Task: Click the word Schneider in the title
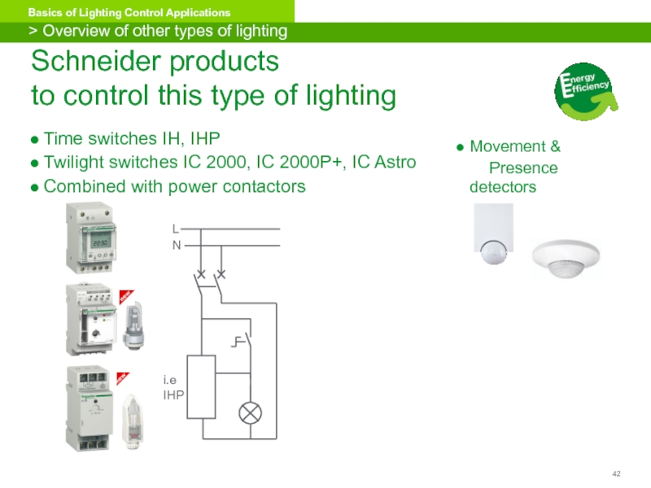[x=90, y=61]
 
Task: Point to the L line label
[x=175, y=229]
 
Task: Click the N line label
[x=176, y=245]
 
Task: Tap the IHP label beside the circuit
[x=173, y=394]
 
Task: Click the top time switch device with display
[x=90, y=239]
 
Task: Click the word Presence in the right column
[x=522, y=168]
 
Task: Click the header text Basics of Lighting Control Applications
[x=129, y=13]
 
